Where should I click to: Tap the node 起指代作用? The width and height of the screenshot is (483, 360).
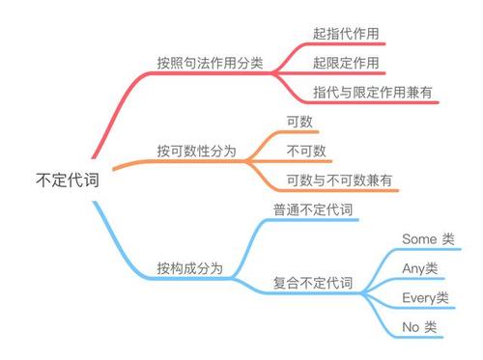click(345, 34)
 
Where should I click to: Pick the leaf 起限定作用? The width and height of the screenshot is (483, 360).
click(345, 63)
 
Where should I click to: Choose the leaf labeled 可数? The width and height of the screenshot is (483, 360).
click(300, 122)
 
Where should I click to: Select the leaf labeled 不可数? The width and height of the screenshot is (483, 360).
click(306, 152)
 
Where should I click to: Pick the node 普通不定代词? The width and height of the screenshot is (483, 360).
click(313, 209)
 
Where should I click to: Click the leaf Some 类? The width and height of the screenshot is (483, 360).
click(426, 238)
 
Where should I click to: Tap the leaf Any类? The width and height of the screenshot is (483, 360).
click(419, 268)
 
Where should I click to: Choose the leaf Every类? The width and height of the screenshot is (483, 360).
click(425, 297)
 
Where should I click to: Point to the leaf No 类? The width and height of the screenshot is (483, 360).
click(418, 327)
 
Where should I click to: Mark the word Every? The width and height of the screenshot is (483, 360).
click(418, 297)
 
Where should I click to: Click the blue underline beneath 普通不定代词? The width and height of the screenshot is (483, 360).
click(313, 221)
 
